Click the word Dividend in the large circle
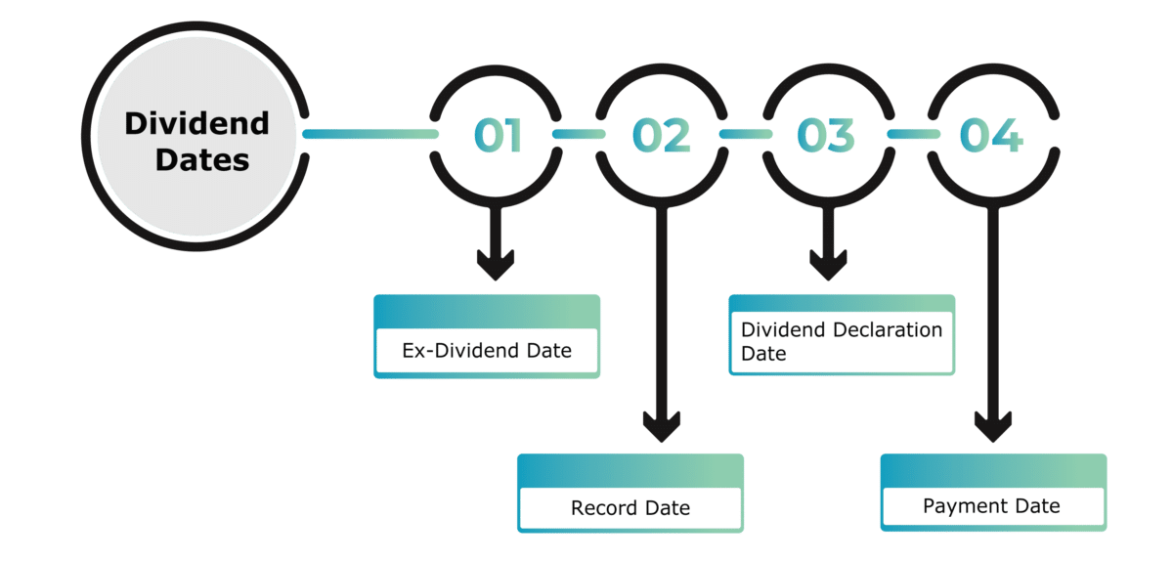coord(196,124)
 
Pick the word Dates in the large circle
coord(202,159)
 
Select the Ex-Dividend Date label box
coord(487,349)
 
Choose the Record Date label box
coord(630,507)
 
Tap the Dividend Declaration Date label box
coord(841,341)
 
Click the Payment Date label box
coord(992,506)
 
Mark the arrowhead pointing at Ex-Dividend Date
coord(496,264)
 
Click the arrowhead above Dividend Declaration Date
coord(827,264)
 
